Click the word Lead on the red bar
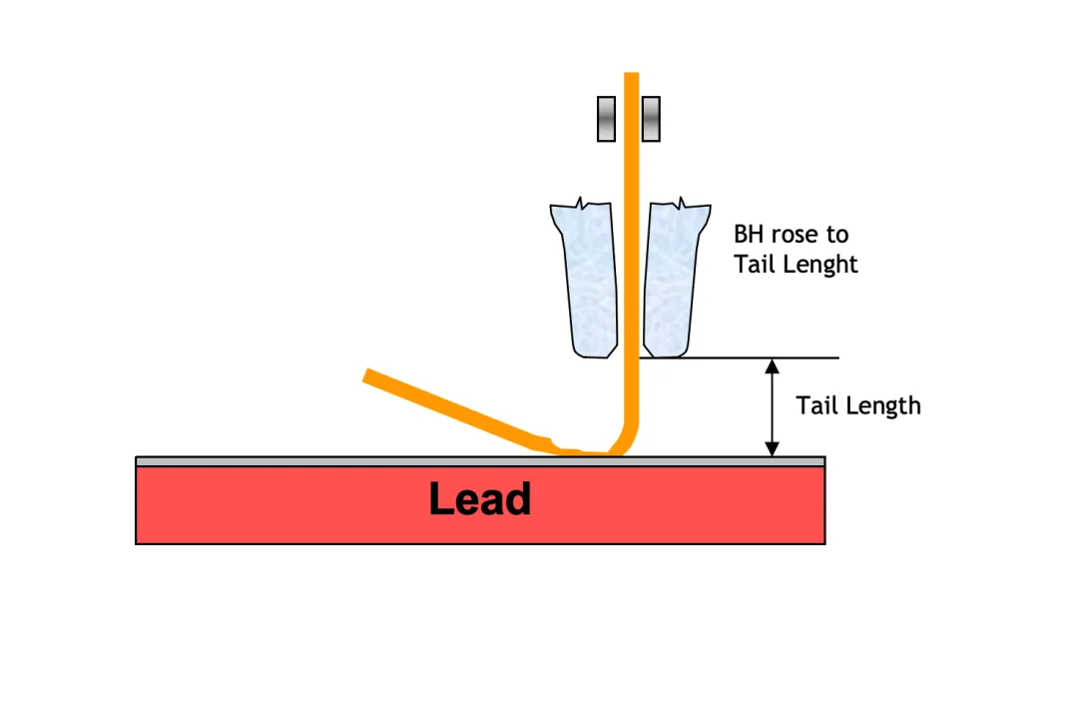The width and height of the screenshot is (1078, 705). (x=479, y=499)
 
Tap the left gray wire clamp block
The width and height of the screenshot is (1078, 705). (x=606, y=119)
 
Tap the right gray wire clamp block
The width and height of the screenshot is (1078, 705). (x=651, y=119)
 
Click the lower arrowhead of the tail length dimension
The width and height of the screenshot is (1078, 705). (x=772, y=449)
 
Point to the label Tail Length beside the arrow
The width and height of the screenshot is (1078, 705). (x=857, y=405)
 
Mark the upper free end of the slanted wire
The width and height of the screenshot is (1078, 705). (x=368, y=375)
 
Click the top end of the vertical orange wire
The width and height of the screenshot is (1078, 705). (x=631, y=76)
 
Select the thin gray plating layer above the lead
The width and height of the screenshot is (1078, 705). (x=299, y=461)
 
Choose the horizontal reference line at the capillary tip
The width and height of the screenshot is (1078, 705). (x=759, y=357)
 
